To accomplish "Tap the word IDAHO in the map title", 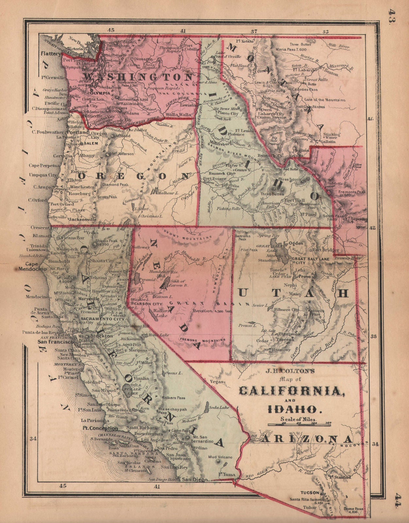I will pos(292,409).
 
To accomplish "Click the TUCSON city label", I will pos(310,492).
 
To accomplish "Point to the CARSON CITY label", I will pos(147,304).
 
